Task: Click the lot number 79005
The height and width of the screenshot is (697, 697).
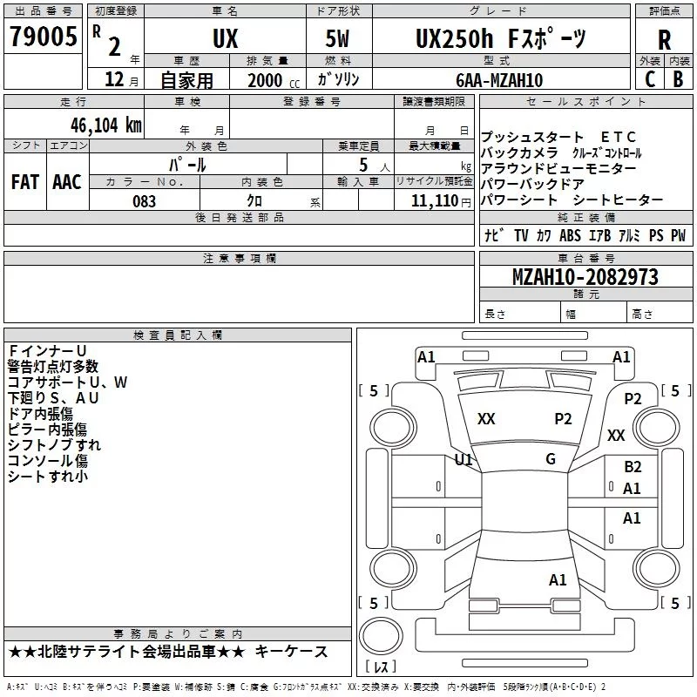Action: tap(44, 36)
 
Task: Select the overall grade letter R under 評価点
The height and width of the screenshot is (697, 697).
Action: tap(664, 39)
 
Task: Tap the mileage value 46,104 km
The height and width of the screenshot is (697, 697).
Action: tap(105, 125)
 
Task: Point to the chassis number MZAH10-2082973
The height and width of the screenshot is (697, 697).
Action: tap(585, 276)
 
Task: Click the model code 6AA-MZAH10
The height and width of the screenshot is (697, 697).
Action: tap(499, 80)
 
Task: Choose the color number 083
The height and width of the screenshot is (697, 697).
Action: tap(144, 201)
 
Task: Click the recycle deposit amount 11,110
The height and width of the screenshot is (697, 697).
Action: tap(434, 200)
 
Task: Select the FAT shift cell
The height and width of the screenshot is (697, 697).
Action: tap(25, 182)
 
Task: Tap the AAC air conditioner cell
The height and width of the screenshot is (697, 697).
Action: tap(67, 182)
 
